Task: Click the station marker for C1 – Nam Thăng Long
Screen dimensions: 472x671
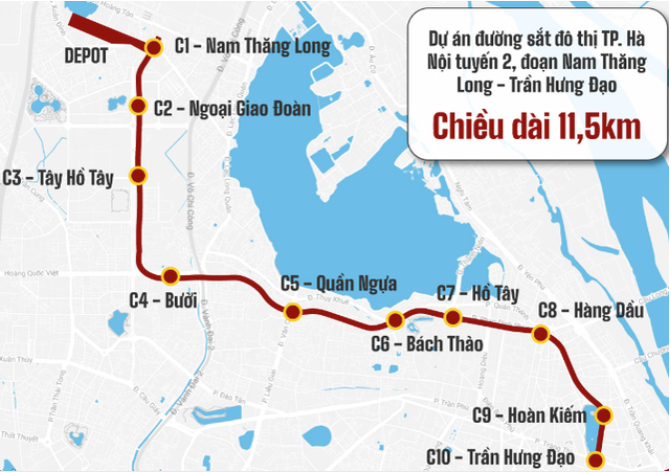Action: [153, 47]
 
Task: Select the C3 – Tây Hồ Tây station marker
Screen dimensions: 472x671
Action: [139, 177]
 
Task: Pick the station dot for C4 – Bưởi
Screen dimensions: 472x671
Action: [170, 275]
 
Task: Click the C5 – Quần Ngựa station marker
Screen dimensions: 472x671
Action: [292, 312]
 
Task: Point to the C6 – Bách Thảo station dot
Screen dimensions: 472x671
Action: [395, 321]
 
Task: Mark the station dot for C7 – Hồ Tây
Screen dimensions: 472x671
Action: [452, 318]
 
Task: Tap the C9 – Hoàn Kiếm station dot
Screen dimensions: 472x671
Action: [602, 414]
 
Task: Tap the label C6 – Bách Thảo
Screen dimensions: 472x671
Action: [426, 345]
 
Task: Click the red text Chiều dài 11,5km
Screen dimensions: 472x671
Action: [536, 127]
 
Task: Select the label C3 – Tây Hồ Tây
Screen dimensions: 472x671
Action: [59, 177]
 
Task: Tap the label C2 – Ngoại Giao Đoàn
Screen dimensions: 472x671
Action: [232, 107]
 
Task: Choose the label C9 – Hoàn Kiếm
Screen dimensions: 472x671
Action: [528, 414]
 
